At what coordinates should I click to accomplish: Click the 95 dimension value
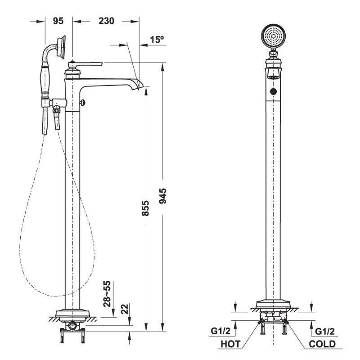[58, 21]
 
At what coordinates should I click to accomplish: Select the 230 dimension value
[106, 21]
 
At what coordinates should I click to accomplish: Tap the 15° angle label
[157, 40]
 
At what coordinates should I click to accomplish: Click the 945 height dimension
[163, 197]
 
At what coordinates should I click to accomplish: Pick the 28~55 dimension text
[108, 294]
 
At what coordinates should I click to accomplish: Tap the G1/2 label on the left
[220, 332]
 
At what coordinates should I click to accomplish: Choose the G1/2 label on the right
[324, 332]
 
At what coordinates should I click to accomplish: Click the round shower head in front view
[273, 36]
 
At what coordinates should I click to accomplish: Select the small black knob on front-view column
[273, 92]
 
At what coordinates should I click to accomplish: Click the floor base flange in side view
[72, 313]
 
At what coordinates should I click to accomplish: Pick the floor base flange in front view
[273, 306]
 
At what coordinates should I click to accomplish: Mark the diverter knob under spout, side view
[81, 103]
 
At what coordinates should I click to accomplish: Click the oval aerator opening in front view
[273, 76]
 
